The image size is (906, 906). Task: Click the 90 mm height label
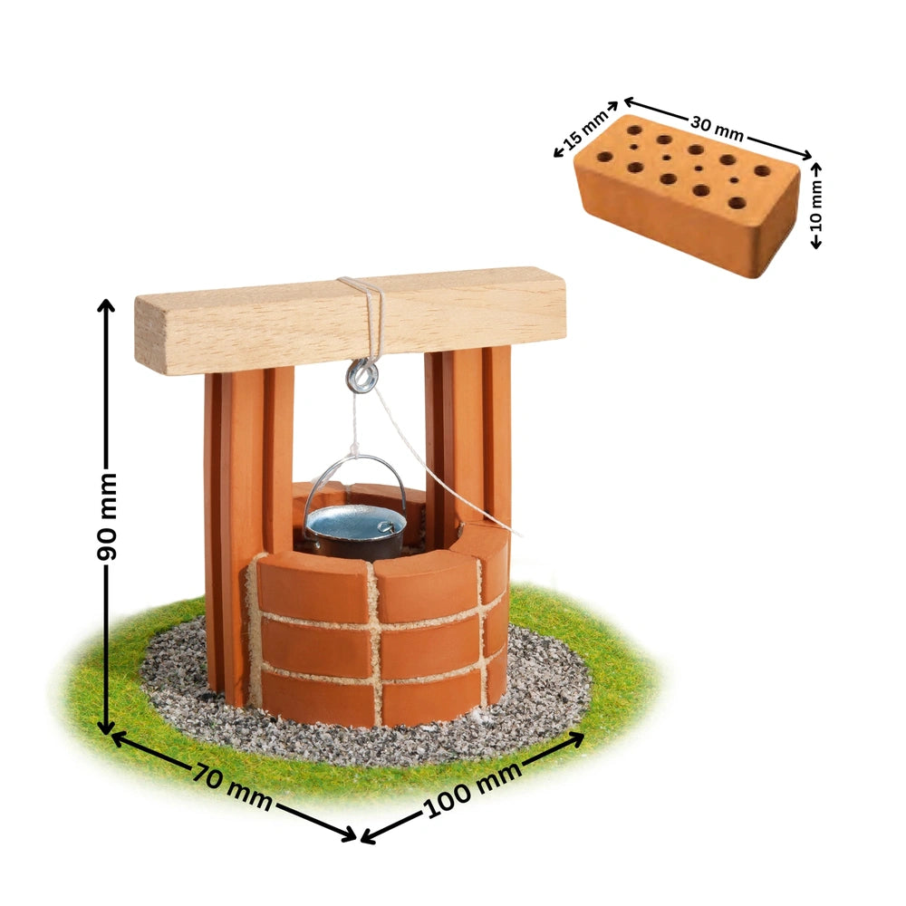coord(108,516)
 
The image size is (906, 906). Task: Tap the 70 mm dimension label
coord(232,785)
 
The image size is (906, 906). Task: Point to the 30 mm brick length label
coord(716,128)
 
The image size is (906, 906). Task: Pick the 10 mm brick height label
coord(817,206)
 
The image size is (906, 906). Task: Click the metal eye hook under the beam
coord(362,375)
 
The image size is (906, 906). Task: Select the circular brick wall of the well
coord(381,634)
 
